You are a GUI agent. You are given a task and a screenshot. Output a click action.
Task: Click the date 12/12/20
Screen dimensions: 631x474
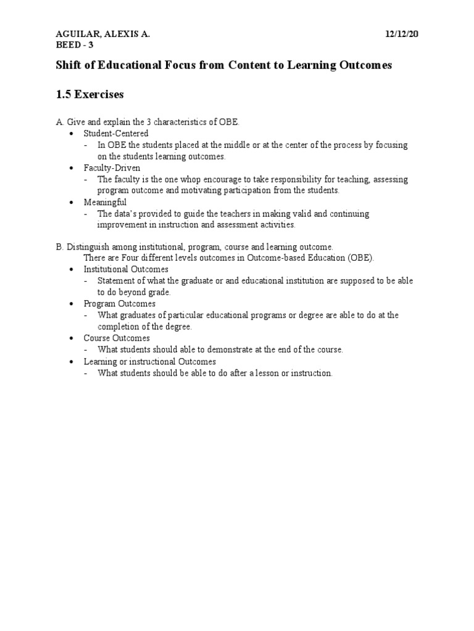coord(401,35)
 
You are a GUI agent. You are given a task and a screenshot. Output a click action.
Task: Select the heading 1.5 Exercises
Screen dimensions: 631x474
coord(89,94)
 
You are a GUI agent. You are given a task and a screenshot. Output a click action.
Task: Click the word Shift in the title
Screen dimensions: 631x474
coord(69,65)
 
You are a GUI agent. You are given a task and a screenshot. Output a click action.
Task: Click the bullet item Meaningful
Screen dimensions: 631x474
coord(105,202)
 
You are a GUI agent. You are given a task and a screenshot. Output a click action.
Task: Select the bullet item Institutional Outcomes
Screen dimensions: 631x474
coord(126,269)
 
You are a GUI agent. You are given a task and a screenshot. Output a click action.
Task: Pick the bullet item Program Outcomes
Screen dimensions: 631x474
coord(120,304)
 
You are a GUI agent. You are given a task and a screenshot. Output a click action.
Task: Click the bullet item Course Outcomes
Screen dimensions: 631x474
coord(117,338)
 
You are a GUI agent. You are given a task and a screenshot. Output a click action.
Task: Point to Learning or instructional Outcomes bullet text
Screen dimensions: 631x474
coord(150,362)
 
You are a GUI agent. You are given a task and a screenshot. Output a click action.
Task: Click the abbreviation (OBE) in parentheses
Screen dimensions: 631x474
coord(360,258)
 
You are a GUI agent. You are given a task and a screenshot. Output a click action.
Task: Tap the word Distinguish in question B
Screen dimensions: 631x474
coord(88,246)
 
